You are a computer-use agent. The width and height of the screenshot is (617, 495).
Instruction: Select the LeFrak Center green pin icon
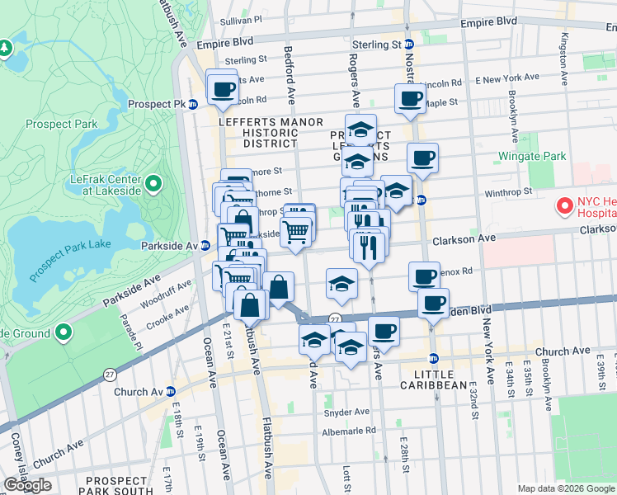[x=153, y=182]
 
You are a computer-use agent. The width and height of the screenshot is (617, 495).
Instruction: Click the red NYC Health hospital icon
[x=565, y=205]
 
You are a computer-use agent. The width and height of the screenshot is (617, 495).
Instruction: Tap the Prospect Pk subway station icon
[x=192, y=105]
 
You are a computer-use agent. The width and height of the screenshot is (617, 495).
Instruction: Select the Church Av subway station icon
[x=171, y=391]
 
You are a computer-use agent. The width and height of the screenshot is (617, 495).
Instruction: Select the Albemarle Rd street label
[x=348, y=431]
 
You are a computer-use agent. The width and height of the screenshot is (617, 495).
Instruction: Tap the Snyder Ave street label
[x=347, y=412]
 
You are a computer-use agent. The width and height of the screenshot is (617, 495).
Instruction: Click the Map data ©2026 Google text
[x=565, y=488]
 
